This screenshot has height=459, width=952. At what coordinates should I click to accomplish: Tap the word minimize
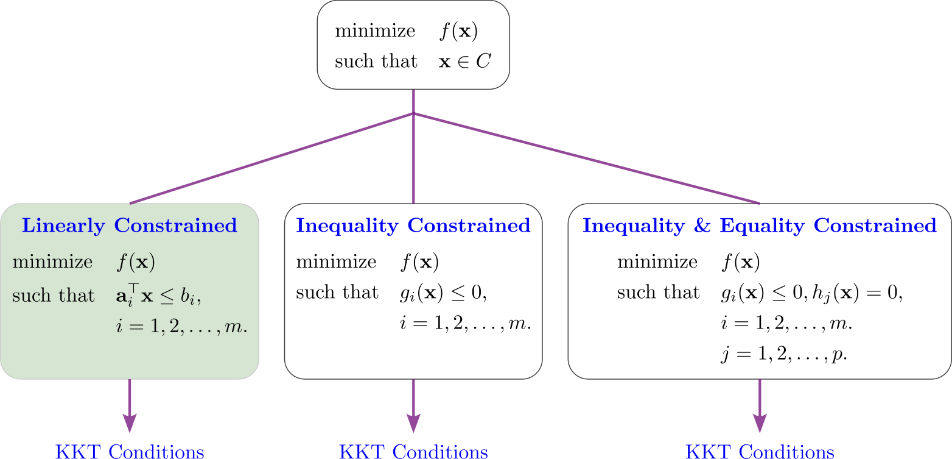click(x=52, y=262)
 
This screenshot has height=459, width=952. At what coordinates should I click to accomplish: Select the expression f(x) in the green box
click(x=136, y=262)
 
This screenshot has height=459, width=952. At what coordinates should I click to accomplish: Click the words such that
click(x=53, y=296)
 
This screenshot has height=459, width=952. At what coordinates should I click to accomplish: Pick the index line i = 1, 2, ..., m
click(x=181, y=327)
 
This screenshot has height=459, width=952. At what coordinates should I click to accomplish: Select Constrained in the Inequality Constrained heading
click(x=469, y=226)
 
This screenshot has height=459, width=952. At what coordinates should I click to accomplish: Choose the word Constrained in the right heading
click(x=875, y=226)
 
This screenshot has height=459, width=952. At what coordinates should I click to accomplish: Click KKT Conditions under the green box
click(x=130, y=452)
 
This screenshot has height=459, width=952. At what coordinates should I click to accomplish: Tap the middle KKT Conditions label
click(x=414, y=452)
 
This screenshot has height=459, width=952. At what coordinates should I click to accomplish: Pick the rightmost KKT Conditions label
click(x=760, y=452)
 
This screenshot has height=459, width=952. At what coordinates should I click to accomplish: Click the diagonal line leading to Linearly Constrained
click(x=271, y=158)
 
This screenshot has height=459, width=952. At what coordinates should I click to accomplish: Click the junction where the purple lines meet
click(x=414, y=113)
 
